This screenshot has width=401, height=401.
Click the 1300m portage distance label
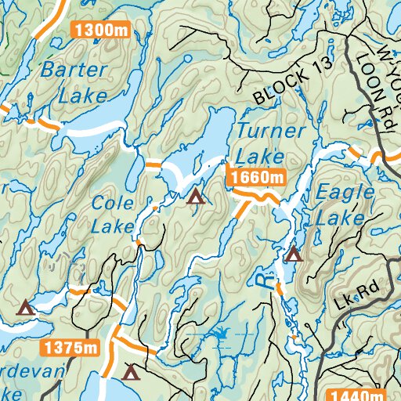coord(100,30)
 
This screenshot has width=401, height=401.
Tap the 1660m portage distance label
coord(257,179)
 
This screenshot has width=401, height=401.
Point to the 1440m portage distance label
coord(357,395)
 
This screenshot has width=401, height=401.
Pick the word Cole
coord(108,203)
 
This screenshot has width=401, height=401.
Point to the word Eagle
coord(338,190)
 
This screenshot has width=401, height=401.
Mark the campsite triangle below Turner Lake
coord(195,196)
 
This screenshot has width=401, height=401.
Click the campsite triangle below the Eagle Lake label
coord(294,253)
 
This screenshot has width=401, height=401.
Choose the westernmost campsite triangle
coord(27,307)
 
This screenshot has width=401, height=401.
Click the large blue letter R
coord(268,281)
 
